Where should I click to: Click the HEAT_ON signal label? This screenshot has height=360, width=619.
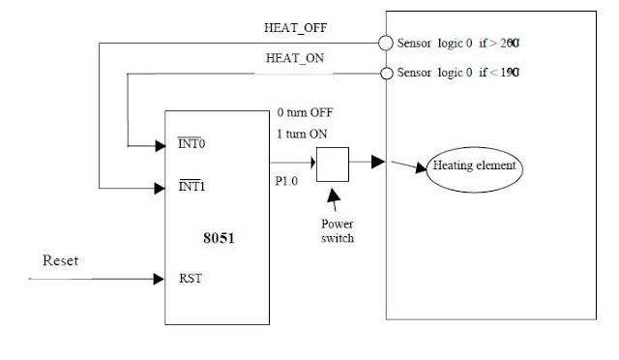pyautogui.click(x=296, y=58)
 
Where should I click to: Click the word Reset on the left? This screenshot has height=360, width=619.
pyautogui.click(x=60, y=261)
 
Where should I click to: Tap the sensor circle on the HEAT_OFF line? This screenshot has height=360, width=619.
pyautogui.click(x=386, y=44)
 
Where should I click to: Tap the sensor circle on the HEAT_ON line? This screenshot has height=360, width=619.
pyautogui.click(x=386, y=74)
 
